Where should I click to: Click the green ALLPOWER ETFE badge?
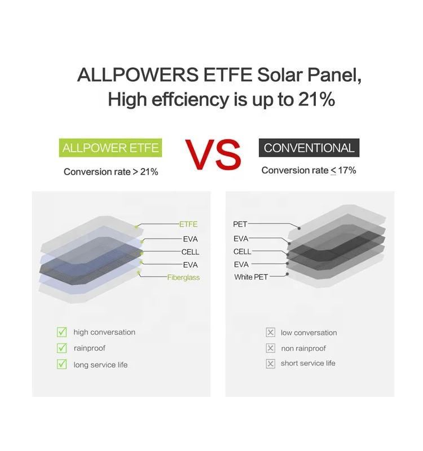point(111,148)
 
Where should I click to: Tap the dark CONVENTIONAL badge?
point(309,148)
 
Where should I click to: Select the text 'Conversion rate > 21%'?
point(111,172)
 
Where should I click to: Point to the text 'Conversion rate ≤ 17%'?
point(309,170)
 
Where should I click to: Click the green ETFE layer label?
point(188,224)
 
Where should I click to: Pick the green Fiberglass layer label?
point(183,277)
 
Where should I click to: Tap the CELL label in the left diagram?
point(190,252)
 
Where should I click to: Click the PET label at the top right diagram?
point(240,224)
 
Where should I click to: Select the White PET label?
point(252,277)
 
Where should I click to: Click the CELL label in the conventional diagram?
point(243,251)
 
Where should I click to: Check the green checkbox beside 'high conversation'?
point(62,332)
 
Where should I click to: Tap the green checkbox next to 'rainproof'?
point(62,348)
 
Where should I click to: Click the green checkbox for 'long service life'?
point(62,364)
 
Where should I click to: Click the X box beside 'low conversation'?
point(271,333)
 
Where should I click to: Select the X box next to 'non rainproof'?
point(271,348)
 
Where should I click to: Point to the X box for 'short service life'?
point(271,364)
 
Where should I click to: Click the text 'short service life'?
point(308,364)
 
